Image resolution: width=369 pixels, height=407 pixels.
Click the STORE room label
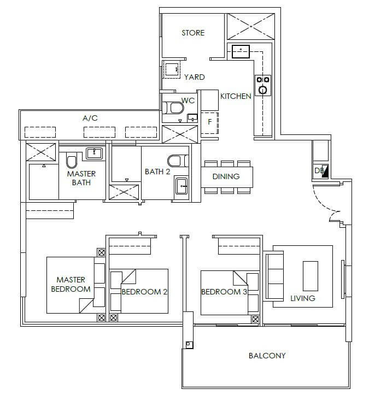tap(193, 33)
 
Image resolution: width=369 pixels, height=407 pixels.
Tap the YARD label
tap(194, 77)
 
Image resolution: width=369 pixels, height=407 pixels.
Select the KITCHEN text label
tap(236, 96)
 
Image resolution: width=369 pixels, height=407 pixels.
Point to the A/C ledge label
tap(90, 119)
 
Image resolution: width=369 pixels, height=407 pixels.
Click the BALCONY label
tap(267, 356)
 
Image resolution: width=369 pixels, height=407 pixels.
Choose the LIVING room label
tap(302, 298)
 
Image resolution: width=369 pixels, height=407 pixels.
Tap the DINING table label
tap(226, 176)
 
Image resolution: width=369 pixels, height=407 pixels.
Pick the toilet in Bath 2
tap(178, 161)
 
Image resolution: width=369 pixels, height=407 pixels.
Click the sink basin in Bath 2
tap(181, 186)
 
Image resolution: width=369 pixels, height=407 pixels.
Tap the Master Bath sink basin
tap(94, 153)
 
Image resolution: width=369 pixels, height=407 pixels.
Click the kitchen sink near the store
tap(241, 51)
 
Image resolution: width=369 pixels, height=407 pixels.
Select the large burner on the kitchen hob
tap(263, 90)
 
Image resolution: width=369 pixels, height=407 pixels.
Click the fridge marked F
tap(209, 123)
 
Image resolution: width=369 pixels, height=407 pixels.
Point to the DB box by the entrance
tap(321, 171)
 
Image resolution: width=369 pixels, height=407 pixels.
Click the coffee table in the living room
tap(311, 276)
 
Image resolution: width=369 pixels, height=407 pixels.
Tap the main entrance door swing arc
tap(323, 203)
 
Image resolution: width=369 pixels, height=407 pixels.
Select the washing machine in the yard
tap(171, 69)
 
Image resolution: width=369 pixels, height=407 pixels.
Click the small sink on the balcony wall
tap(189, 345)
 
